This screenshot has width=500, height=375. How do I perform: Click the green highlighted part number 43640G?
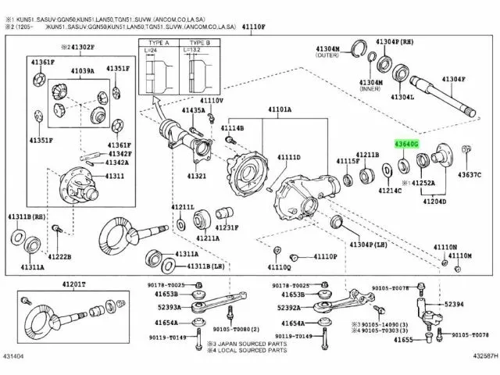(408, 145)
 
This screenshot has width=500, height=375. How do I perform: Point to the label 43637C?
(470, 173)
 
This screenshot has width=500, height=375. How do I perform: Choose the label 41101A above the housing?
(278, 109)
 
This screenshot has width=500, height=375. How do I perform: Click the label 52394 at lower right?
(455, 304)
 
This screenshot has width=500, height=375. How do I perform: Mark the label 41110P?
(326, 256)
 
